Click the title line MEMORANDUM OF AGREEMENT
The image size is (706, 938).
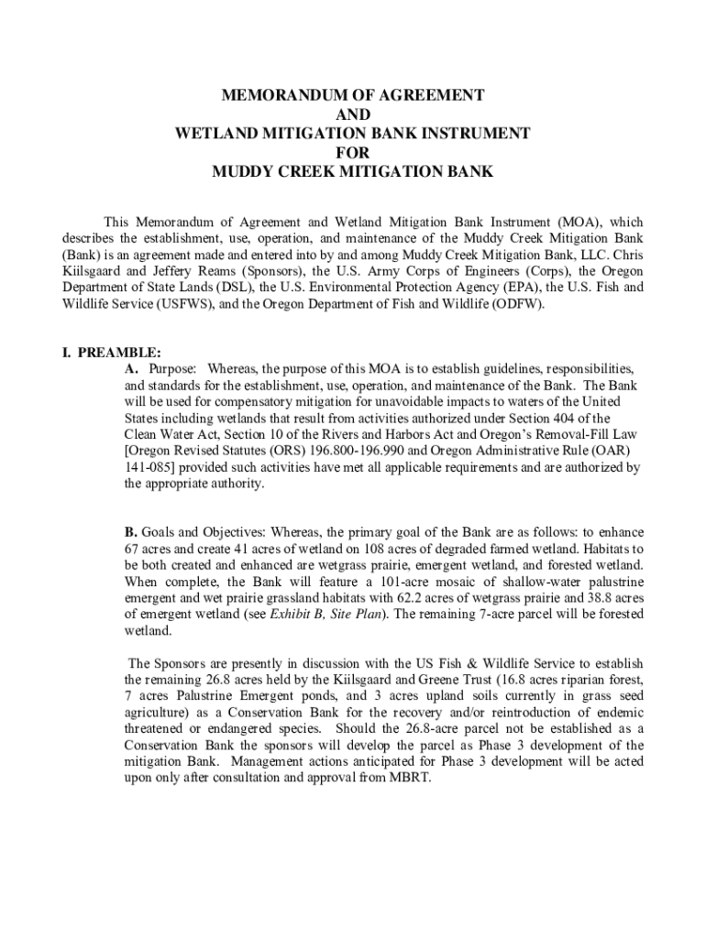pos(352,95)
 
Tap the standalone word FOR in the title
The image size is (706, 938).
pos(352,153)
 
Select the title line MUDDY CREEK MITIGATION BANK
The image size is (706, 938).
pos(352,172)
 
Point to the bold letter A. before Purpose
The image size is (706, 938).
pos(132,368)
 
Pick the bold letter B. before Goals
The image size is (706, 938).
pos(132,532)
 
